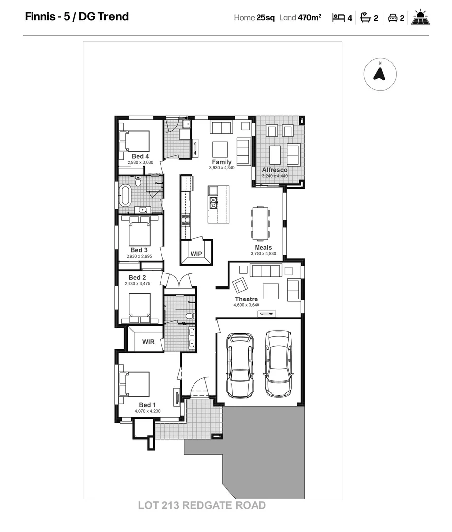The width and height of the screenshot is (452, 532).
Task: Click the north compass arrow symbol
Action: pos(380,74)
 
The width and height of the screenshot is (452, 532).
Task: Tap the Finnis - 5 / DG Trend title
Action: pos(77,17)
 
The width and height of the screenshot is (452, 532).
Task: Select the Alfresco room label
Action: pos(275,170)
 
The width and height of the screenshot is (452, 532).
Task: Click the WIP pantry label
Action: pos(196,254)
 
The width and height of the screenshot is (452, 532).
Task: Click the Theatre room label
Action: pos(246,299)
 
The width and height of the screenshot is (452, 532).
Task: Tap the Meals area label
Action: pos(263,248)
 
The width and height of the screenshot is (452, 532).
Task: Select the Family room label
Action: pos(222,162)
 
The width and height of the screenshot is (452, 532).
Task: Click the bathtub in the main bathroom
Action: pos(125,196)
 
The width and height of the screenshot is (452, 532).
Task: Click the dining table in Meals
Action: pos(260,223)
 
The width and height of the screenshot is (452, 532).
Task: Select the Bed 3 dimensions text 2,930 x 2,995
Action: pos(143,256)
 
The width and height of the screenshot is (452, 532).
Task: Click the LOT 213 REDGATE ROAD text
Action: pos(202,506)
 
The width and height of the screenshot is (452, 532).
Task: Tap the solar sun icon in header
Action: pos(421,18)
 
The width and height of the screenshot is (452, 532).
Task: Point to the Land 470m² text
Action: pos(300,18)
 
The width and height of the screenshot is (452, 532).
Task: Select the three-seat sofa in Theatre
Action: pos(266,270)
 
